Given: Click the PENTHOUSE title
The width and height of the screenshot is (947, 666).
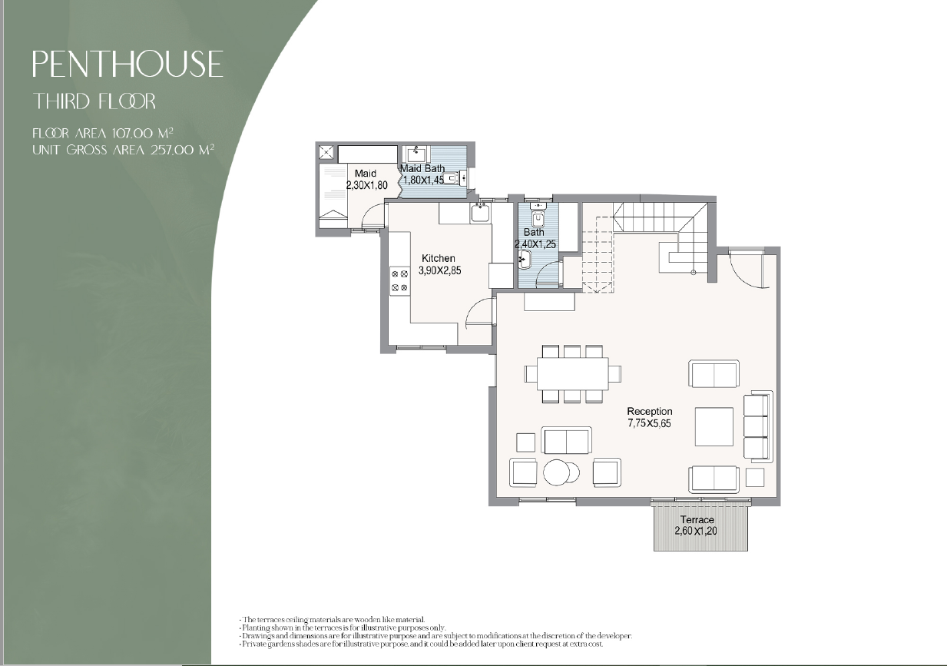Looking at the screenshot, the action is click(127, 64).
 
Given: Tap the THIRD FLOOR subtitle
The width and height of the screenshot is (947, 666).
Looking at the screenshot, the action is click(94, 101).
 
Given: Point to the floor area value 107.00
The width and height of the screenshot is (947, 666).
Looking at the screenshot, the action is click(132, 134).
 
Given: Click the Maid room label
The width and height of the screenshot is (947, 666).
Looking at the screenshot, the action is click(366, 174).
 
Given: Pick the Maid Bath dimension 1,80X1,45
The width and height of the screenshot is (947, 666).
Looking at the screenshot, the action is click(423, 181).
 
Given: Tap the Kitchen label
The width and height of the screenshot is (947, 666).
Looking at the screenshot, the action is click(439, 258).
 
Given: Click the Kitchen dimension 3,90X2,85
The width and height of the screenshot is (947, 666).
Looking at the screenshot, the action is click(439, 270).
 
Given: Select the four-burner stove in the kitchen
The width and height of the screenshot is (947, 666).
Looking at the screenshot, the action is click(399, 281).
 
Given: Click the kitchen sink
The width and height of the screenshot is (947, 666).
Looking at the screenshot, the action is click(480, 213).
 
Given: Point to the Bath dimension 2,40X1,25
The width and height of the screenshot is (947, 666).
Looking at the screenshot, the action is click(535, 244).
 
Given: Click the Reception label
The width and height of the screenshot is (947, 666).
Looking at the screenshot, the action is click(649, 411).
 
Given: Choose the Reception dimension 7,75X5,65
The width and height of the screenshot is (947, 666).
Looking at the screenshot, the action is click(649, 423).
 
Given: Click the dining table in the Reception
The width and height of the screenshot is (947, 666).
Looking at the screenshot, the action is click(573, 374).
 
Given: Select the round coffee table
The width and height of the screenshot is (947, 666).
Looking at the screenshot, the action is click(561, 472).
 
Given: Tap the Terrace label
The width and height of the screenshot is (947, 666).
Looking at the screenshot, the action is click(697, 520).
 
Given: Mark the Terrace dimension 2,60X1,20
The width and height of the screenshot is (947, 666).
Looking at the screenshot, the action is click(696, 531).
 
